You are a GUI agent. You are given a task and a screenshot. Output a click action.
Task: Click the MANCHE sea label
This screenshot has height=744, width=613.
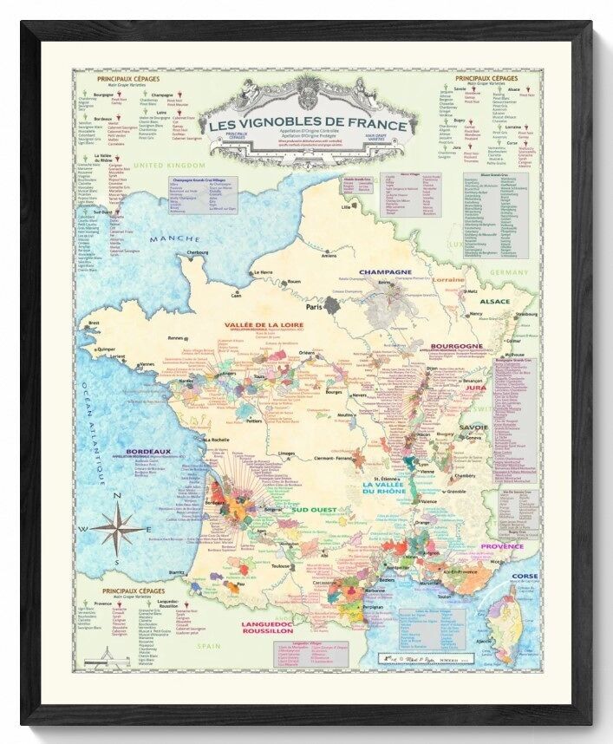coord(173,239)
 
